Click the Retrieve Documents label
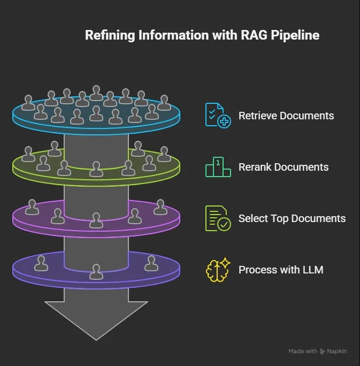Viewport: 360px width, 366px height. coord(286,116)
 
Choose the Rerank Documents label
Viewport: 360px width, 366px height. coord(283,167)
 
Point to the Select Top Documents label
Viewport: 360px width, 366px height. coord(292,218)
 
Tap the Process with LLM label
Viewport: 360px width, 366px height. coord(280,270)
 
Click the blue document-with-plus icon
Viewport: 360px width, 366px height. coord(218,115)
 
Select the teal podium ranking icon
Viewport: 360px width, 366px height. coord(218,167)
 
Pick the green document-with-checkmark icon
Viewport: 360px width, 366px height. coord(218,218)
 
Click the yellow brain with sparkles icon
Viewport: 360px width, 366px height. coord(218,270)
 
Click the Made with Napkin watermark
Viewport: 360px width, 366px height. coord(317,352)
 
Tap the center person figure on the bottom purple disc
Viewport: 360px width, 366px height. coord(96,272)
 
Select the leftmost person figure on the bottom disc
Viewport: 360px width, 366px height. coord(41,263)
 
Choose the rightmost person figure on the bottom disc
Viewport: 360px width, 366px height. coord(151,263)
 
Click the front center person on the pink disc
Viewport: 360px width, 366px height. coord(96,220)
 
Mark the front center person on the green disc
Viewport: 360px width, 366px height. coord(96,169)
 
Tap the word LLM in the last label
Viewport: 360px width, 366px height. coord(312,270)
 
